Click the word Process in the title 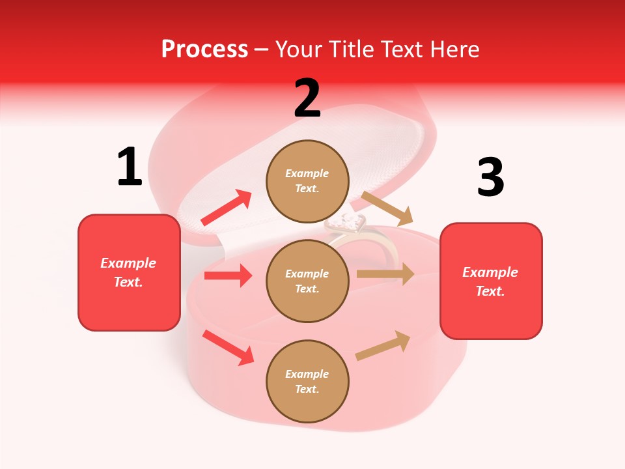click(x=204, y=50)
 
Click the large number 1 click(x=130, y=167)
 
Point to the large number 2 click(x=307, y=98)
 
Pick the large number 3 click(x=490, y=178)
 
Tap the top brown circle click(x=307, y=181)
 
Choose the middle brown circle click(x=307, y=281)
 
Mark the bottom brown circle click(x=307, y=381)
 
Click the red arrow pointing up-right click(x=227, y=208)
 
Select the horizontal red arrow click(x=228, y=276)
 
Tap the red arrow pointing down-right click(x=228, y=347)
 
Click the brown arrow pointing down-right click(x=387, y=208)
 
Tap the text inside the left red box click(x=128, y=272)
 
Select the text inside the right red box click(x=490, y=281)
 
